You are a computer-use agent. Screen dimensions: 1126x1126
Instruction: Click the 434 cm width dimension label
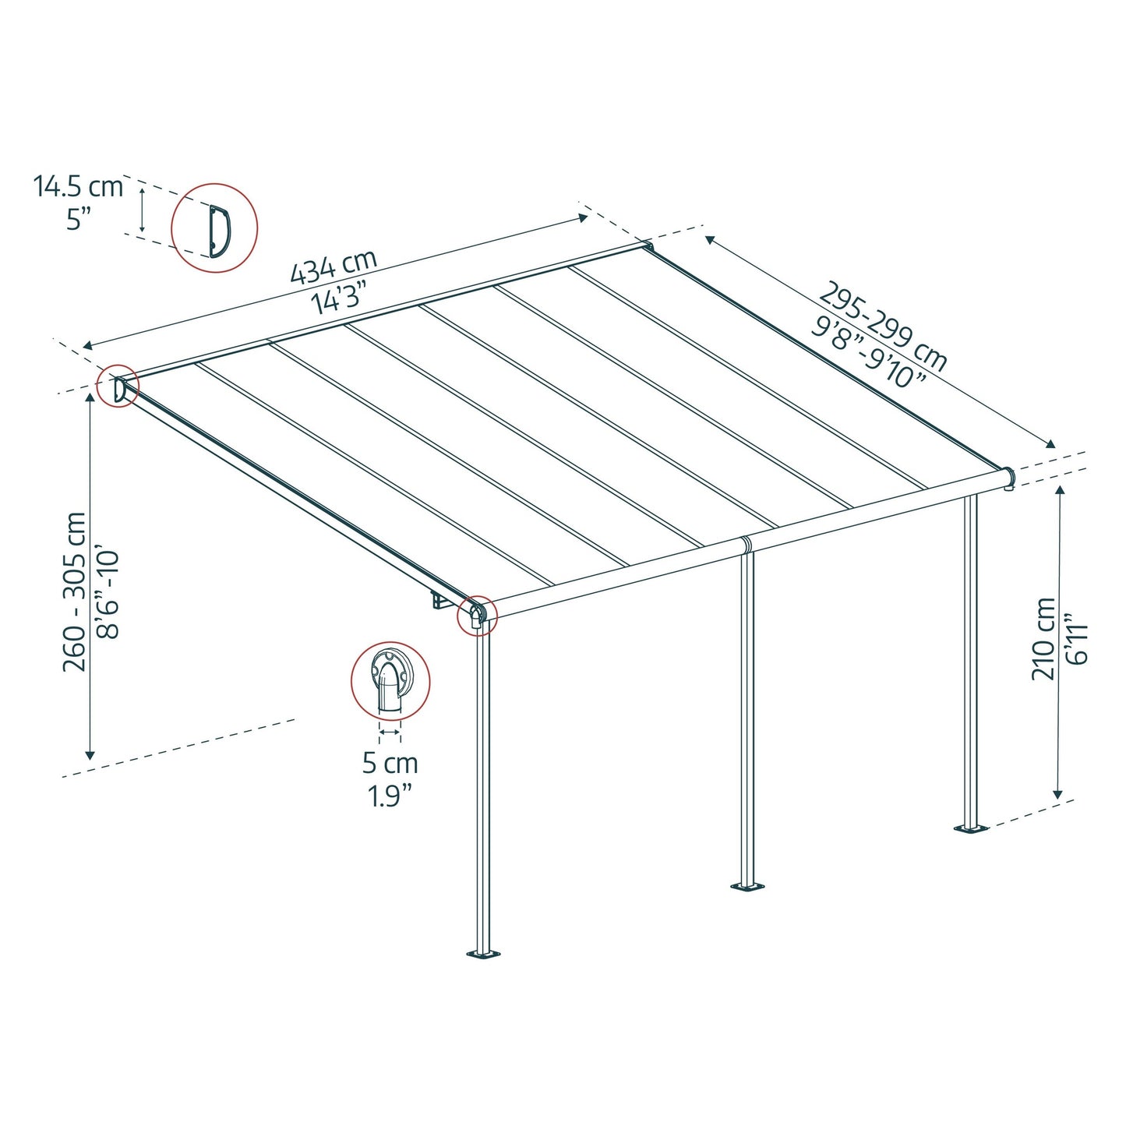click(334, 265)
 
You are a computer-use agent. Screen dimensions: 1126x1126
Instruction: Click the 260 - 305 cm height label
click(76, 591)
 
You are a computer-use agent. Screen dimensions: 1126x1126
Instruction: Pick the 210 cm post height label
click(1043, 639)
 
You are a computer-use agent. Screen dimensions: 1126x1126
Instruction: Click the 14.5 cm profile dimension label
click(78, 187)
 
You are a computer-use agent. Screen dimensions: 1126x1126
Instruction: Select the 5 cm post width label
click(390, 763)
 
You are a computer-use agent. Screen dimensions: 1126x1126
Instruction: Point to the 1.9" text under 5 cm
click(390, 796)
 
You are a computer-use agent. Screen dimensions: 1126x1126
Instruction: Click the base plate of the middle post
click(747, 886)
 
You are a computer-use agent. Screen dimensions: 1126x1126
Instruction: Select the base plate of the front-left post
click(483, 953)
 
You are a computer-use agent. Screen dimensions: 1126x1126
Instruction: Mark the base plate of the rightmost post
click(971, 828)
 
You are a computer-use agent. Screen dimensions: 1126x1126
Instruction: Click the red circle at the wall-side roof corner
click(118, 387)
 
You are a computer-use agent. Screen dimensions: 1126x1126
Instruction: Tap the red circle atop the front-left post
click(476, 615)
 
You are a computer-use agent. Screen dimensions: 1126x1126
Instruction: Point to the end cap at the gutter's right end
click(1009, 477)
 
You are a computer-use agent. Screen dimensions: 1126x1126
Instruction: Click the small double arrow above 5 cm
click(390, 732)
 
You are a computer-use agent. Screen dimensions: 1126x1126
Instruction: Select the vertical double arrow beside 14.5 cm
click(142, 209)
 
